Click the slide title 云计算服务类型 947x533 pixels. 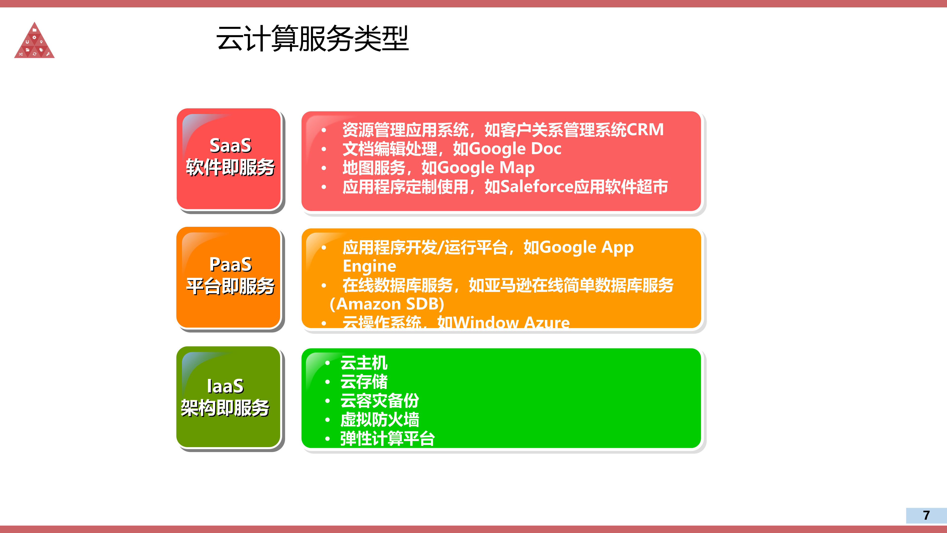(x=312, y=39)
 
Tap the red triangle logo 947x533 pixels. (x=34, y=42)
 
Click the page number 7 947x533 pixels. (x=926, y=515)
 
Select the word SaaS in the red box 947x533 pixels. (x=231, y=146)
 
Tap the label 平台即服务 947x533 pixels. (x=231, y=286)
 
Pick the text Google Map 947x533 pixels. (x=486, y=168)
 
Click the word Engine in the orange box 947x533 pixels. (x=369, y=266)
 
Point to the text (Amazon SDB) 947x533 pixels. (x=387, y=304)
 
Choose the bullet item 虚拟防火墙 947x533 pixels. (x=379, y=420)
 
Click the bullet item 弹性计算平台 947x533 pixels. (x=387, y=439)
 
